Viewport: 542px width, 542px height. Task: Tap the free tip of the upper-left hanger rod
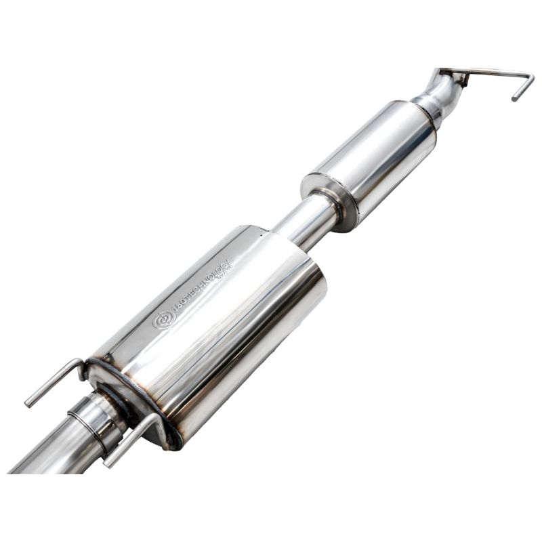point(28,404)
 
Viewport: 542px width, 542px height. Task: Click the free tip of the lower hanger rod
point(106,464)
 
